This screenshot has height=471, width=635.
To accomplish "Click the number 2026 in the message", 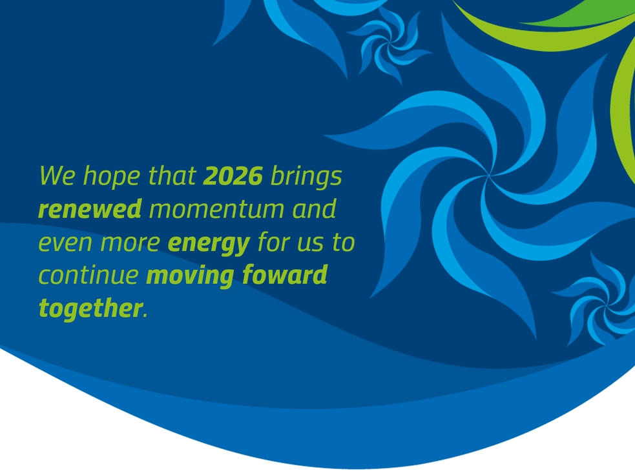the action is (x=233, y=175).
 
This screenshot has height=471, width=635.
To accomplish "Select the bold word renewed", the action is (x=90, y=209).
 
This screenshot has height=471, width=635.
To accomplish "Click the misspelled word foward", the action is (x=285, y=275).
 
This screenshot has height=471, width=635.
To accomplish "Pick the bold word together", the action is (x=90, y=308).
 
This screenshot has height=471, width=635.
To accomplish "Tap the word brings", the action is (x=306, y=177).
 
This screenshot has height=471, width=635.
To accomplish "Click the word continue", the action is (x=88, y=276).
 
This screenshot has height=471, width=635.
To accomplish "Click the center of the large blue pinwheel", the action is (x=488, y=175).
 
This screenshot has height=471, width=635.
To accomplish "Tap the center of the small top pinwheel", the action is (x=390, y=42).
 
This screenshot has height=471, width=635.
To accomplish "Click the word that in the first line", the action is (x=172, y=175).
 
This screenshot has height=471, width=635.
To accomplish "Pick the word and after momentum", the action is (x=314, y=209).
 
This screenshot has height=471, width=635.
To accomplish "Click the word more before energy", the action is (x=130, y=243).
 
